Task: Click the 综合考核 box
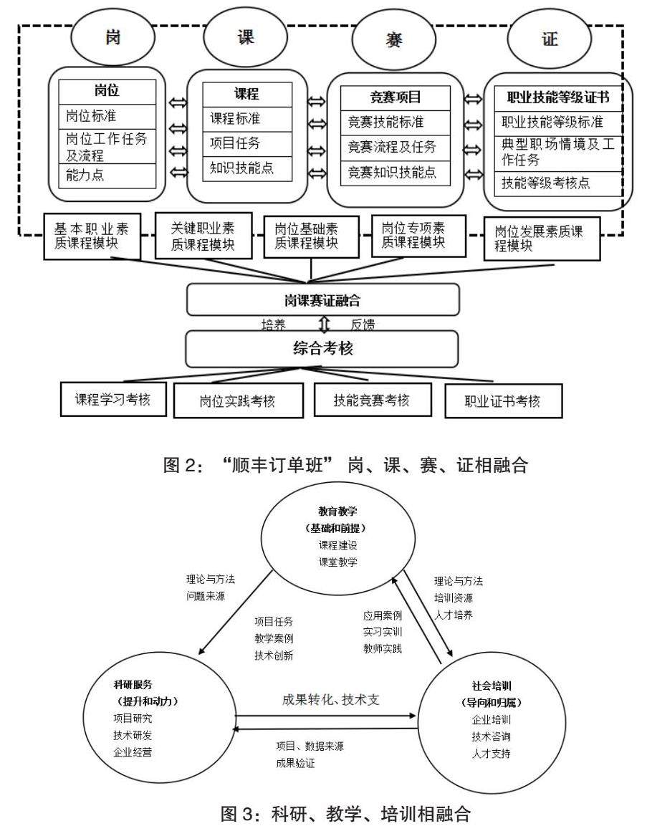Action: [x=322, y=349]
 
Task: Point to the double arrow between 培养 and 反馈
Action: [x=324, y=325]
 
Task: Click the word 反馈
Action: [x=363, y=325]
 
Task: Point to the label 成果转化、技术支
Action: [x=330, y=700]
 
